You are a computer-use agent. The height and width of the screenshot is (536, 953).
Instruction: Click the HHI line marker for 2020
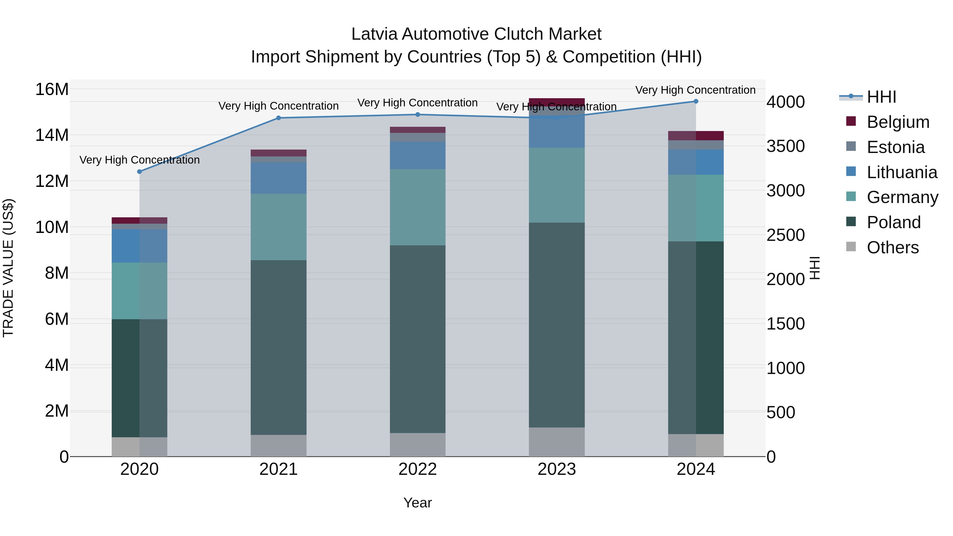coord(140,172)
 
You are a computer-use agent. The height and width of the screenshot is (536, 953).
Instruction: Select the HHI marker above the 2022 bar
coord(418,115)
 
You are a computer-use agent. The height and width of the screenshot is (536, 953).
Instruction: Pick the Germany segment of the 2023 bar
coord(557,185)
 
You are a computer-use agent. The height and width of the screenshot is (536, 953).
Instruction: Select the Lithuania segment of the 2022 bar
coord(418,155)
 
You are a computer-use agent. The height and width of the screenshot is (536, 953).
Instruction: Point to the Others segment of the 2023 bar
coord(557,442)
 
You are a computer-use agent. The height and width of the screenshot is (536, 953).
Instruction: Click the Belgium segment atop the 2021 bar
coord(278,153)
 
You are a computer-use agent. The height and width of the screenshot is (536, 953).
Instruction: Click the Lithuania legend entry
coord(902,172)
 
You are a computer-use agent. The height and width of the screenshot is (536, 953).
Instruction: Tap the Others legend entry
coord(892,247)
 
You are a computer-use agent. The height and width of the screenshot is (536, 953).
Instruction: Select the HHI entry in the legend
coord(881,97)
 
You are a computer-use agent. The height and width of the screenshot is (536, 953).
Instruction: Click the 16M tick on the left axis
coord(52,89)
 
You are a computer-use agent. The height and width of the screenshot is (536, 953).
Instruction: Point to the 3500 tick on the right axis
coord(785,146)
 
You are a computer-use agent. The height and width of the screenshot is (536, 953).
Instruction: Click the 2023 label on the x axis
coord(557,469)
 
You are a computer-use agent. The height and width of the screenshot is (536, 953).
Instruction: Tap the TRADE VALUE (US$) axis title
coord(8,268)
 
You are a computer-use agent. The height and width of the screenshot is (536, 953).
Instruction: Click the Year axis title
coord(418,503)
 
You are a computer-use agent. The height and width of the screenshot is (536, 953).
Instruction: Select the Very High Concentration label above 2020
coord(140,160)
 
